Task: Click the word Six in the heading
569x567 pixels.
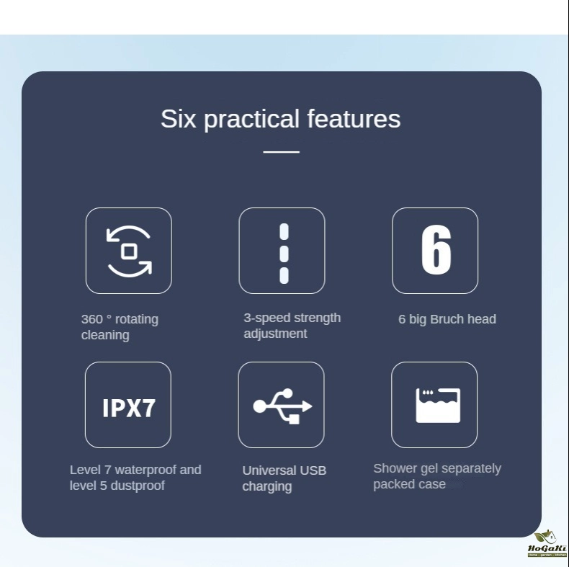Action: tap(179, 118)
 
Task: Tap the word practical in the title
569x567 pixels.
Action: tap(251, 120)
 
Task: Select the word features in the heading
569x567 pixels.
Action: tap(354, 118)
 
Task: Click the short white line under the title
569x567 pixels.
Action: tap(281, 152)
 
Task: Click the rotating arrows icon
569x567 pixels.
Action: tap(129, 251)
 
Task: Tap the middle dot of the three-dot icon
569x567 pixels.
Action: tap(284, 254)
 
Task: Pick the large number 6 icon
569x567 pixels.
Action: tap(436, 250)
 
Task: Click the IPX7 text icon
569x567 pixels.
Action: tap(129, 408)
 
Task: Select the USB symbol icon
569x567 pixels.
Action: tap(282, 406)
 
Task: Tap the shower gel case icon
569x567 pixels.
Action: tap(438, 406)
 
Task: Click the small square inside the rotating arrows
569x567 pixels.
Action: tap(129, 251)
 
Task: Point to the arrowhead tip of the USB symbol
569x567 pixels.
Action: tap(312, 406)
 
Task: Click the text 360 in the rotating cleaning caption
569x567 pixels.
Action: tap(91, 319)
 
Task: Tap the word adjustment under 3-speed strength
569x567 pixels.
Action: tap(275, 334)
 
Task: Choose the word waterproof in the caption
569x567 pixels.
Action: tap(145, 470)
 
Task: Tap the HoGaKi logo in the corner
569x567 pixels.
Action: tap(547, 544)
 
